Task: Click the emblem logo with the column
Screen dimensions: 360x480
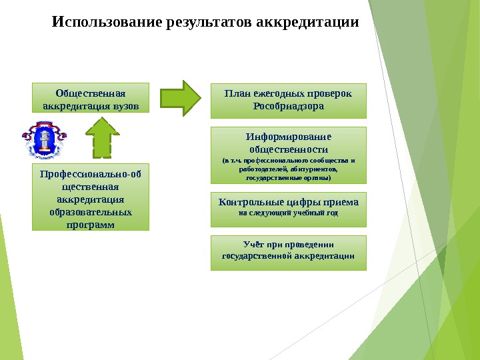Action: click(x=45, y=140)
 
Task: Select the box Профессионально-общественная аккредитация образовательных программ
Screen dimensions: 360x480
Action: click(x=91, y=197)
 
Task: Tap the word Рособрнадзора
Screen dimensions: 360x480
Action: click(x=289, y=105)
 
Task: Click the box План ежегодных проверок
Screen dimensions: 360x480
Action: click(x=289, y=99)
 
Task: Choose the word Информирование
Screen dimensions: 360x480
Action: click(x=289, y=137)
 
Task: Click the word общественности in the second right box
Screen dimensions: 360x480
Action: click(x=289, y=149)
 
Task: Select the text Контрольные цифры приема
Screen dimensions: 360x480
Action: click(x=289, y=202)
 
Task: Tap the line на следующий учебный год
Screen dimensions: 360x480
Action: click(x=289, y=213)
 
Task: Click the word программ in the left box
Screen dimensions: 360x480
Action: click(x=91, y=224)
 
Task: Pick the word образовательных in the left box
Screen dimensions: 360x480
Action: click(x=91, y=212)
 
